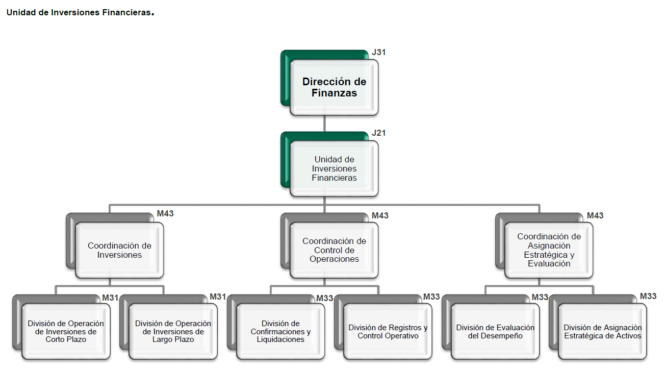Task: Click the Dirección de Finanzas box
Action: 334,87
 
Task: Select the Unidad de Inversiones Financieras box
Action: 334,168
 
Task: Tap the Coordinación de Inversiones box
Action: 119,250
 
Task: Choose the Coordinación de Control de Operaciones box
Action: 334,250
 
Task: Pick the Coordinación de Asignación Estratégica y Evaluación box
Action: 549,250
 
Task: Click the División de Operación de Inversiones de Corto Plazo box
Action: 66,331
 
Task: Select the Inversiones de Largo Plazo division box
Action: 173,331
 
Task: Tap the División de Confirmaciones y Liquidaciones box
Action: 280,331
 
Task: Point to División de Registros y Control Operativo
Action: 388,331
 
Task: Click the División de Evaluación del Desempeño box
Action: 495,331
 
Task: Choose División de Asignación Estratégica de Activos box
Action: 602,331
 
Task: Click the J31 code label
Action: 379,52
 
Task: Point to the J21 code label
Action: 379,133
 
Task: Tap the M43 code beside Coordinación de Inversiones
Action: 165,213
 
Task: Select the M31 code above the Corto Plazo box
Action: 110,298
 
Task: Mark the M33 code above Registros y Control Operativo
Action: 431,297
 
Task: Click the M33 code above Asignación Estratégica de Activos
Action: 648,297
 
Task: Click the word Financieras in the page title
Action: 126,13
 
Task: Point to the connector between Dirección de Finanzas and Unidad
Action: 324,124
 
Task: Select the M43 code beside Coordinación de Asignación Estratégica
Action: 595,215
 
